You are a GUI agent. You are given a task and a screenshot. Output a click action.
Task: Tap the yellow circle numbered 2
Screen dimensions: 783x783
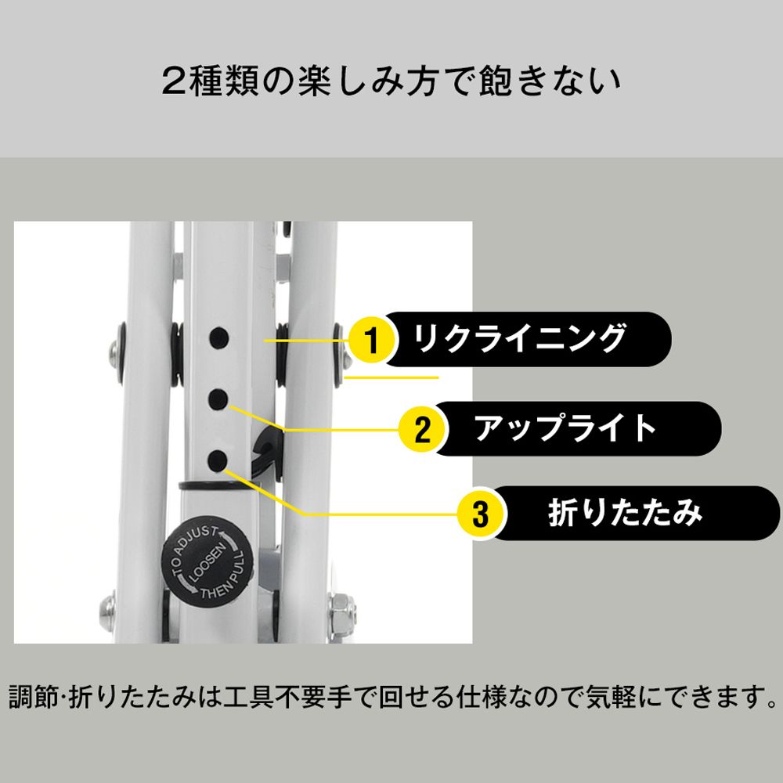[x=422, y=430]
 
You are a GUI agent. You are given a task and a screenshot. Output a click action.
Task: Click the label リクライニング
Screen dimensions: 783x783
[x=521, y=339]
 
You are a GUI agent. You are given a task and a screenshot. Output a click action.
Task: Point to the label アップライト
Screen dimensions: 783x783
[x=565, y=428]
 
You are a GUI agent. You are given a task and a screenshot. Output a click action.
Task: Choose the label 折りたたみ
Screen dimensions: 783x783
[x=625, y=513]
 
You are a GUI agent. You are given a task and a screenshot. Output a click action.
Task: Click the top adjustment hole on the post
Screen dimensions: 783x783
[x=218, y=338]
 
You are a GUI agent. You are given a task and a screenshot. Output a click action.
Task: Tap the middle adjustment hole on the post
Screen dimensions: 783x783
[x=218, y=399]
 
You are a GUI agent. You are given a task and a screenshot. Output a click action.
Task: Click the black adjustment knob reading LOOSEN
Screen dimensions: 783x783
[x=207, y=562]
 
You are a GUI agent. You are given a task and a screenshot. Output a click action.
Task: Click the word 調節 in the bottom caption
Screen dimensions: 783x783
[x=34, y=696]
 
